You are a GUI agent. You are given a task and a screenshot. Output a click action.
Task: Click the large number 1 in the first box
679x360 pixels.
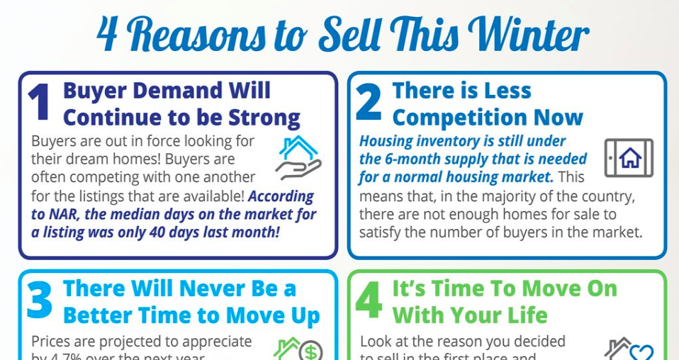[39, 104]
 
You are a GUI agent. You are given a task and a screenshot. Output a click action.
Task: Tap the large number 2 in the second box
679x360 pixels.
[369, 104]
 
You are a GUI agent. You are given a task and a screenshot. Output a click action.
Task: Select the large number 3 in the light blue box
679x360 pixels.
[40, 300]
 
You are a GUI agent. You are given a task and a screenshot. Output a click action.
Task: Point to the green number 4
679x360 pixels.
[369, 300]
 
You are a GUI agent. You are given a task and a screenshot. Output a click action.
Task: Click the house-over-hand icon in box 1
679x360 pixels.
[298, 157]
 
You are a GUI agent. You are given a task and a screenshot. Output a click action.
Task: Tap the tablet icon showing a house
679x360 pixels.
[629, 157]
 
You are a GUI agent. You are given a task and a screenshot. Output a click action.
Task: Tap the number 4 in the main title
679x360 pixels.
[107, 35]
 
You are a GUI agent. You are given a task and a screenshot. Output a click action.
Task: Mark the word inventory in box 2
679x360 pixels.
[445, 141]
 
